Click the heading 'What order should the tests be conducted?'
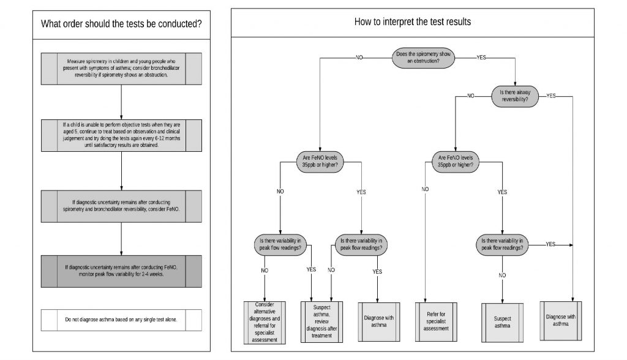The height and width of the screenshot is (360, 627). coord(121,25)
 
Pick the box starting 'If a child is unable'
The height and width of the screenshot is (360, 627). coord(121,133)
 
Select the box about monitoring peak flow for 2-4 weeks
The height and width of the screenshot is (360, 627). coord(121,270)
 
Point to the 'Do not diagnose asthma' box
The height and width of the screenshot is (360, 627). coord(121,320)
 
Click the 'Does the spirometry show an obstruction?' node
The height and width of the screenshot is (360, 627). coord(427,58)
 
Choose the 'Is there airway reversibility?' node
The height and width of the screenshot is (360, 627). coord(516,96)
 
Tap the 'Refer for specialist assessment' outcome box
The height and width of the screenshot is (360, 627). coord(435,320)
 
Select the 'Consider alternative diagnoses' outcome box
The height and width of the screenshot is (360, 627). coord(265,322)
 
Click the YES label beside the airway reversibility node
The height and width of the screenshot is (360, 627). coord(551,96)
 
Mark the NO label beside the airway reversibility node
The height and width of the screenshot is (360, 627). coord(470,96)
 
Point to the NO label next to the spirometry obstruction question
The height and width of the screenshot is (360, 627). coord(359,57)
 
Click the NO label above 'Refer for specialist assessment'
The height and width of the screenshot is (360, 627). coord(425,189)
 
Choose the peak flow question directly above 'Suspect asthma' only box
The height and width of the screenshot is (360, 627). coord(502,244)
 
